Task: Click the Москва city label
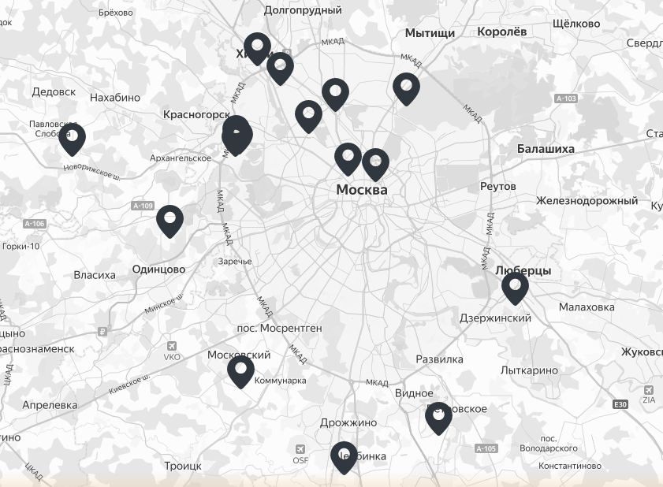pyautogui.click(x=362, y=190)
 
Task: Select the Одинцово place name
pyautogui.click(x=158, y=269)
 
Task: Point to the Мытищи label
pyautogui.click(x=430, y=33)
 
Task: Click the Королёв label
pyautogui.click(x=501, y=32)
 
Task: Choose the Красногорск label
pyautogui.click(x=196, y=114)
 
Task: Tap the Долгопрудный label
pyautogui.click(x=303, y=10)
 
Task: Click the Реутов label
pyautogui.click(x=497, y=186)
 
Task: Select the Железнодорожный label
pyautogui.click(x=587, y=201)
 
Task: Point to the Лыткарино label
pyautogui.click(x=529, y=370)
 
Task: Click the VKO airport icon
pyautogui.click(x=172, y=346)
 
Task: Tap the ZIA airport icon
pyautogui.click(x=649, y=390)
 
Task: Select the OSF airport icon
pyautogui.click(x=300, y=450)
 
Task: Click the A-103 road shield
pyautogui.click(x=566, y=99)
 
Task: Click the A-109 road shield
pyautogui.click(x=143, y=206)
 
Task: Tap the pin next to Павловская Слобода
pyautogui.click(x=72, y=139)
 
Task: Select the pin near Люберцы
pyautogui.click(x=515, y=288)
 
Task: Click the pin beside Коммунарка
pyautogui.click(x=241, y=372)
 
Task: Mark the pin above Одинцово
pyautogui.click(x=169, y=221)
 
